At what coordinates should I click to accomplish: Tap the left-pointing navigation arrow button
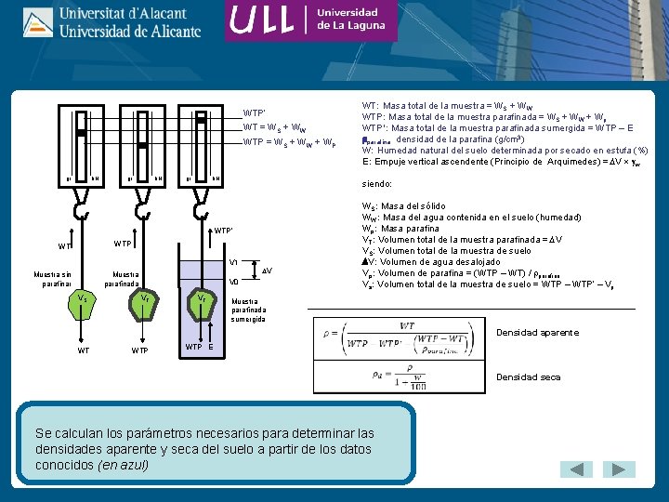pos(579,470)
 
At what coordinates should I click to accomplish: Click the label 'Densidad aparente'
pos(537,333)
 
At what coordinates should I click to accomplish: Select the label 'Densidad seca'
pos(528,377)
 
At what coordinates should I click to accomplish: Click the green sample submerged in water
pos(201,300)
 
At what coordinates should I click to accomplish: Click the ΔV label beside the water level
pos(266,270)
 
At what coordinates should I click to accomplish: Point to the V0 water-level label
pos(233,281)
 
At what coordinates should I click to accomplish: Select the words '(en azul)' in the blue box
pos(123,464)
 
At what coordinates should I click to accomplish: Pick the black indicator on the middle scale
pos(142,146)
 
